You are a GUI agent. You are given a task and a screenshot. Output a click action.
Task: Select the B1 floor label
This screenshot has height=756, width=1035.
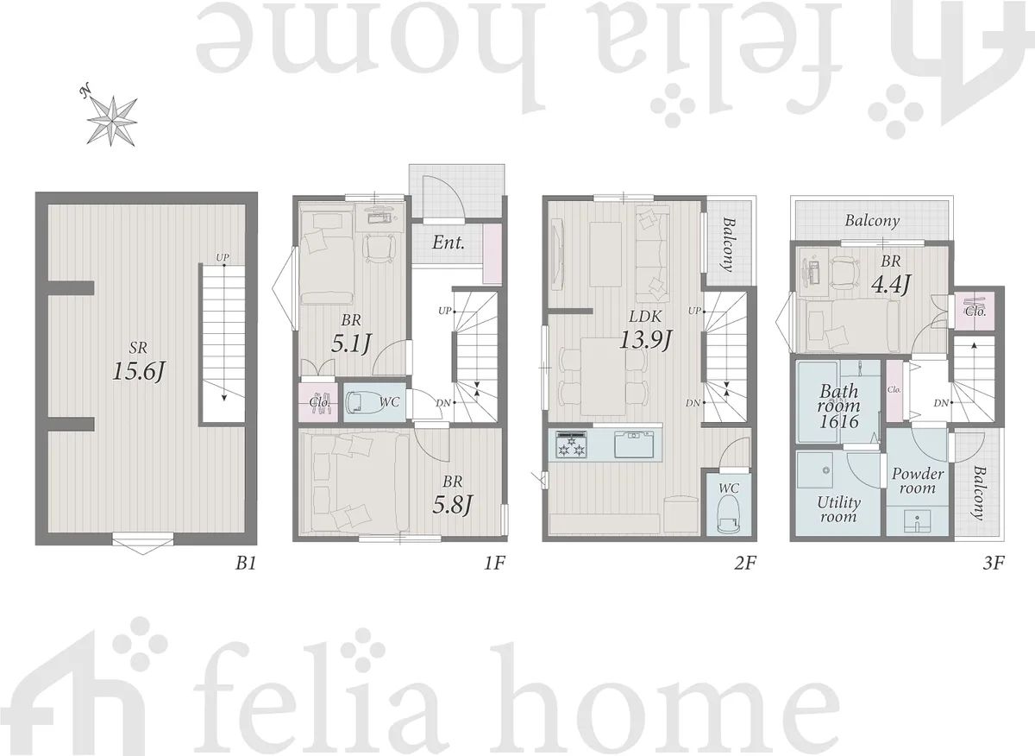click(246, 564)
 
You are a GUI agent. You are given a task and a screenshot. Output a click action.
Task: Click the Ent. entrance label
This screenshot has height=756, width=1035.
click(448, 243)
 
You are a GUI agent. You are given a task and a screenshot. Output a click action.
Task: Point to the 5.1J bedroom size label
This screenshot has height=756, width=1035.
click(352, 343)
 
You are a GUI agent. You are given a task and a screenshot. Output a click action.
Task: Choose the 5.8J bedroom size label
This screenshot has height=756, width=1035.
click(453, 504)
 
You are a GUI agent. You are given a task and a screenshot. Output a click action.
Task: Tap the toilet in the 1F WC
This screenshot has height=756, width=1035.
click(355, 402)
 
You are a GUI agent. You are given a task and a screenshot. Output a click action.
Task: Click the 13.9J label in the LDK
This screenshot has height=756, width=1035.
click(645, 340)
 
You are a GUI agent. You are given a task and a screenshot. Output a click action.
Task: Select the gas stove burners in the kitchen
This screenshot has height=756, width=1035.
click(572, 445)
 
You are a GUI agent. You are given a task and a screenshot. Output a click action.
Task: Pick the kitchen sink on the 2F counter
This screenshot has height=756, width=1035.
click(635, 444)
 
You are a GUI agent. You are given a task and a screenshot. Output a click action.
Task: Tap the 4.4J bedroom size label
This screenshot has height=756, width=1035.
click(891, 284)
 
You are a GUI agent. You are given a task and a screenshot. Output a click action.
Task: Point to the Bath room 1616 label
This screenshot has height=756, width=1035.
click(838, 406)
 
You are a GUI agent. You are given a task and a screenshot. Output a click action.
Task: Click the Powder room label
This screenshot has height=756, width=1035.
click(917, 481)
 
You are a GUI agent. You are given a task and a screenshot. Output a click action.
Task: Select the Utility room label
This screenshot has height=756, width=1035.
click(838, 509)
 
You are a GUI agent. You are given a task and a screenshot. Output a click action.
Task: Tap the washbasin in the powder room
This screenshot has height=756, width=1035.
click(918, 521)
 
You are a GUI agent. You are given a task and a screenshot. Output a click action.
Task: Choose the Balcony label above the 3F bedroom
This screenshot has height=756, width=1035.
click(872, 221)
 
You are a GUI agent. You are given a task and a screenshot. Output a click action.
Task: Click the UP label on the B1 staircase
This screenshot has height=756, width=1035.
click(223, 257)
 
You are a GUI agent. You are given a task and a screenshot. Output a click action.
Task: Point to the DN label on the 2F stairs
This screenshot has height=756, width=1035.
click(693, 403)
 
